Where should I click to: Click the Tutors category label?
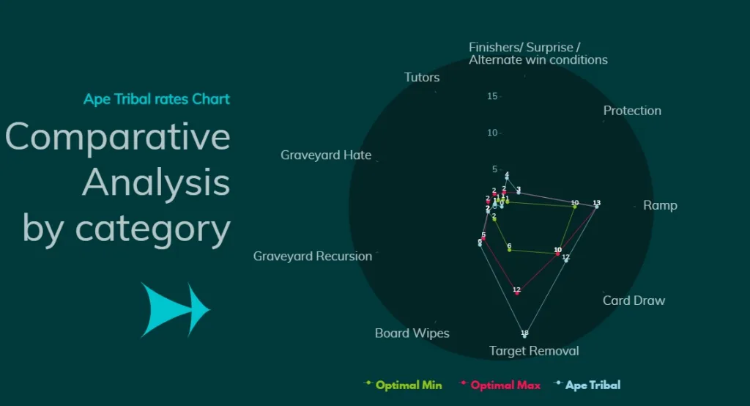pos(422,78)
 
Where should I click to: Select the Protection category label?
pos(632,111)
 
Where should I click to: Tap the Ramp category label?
pos(660,205)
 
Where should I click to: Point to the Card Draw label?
pos(634,300)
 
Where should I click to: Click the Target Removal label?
pos(534,351)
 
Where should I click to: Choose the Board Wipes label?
pos(412,333)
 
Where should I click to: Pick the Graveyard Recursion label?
pos(313,256)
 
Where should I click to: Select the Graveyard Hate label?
pos(326,155)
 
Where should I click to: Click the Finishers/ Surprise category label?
pos(538,53)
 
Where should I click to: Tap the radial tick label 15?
pos(493,97)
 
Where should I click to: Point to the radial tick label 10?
pos(493,133)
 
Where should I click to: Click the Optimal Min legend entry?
pos(408,385)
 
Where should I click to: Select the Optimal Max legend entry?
pos(505,385)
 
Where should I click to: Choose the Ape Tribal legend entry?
pos(592,385)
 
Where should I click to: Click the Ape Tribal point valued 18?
pos(524,336)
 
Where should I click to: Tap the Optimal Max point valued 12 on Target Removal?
pos(517,293)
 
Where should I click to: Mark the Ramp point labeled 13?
pos(597,207)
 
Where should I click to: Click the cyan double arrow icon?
pos(175,309)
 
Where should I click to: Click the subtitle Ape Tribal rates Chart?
pos(157,99)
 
